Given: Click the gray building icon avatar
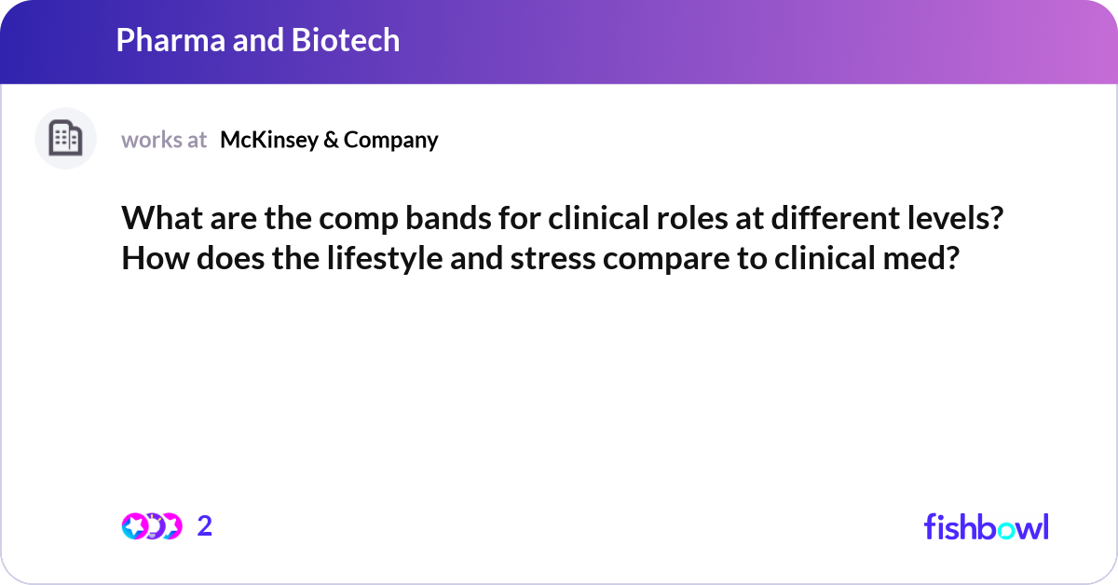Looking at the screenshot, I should coord(65,139).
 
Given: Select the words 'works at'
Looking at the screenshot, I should coord(164,140).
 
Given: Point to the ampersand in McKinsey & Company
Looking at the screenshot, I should coord(330,140).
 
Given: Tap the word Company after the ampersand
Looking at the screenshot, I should coord(390,140).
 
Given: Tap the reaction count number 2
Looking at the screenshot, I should coord(205,526).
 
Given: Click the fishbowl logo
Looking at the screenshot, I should coord(986,526).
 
